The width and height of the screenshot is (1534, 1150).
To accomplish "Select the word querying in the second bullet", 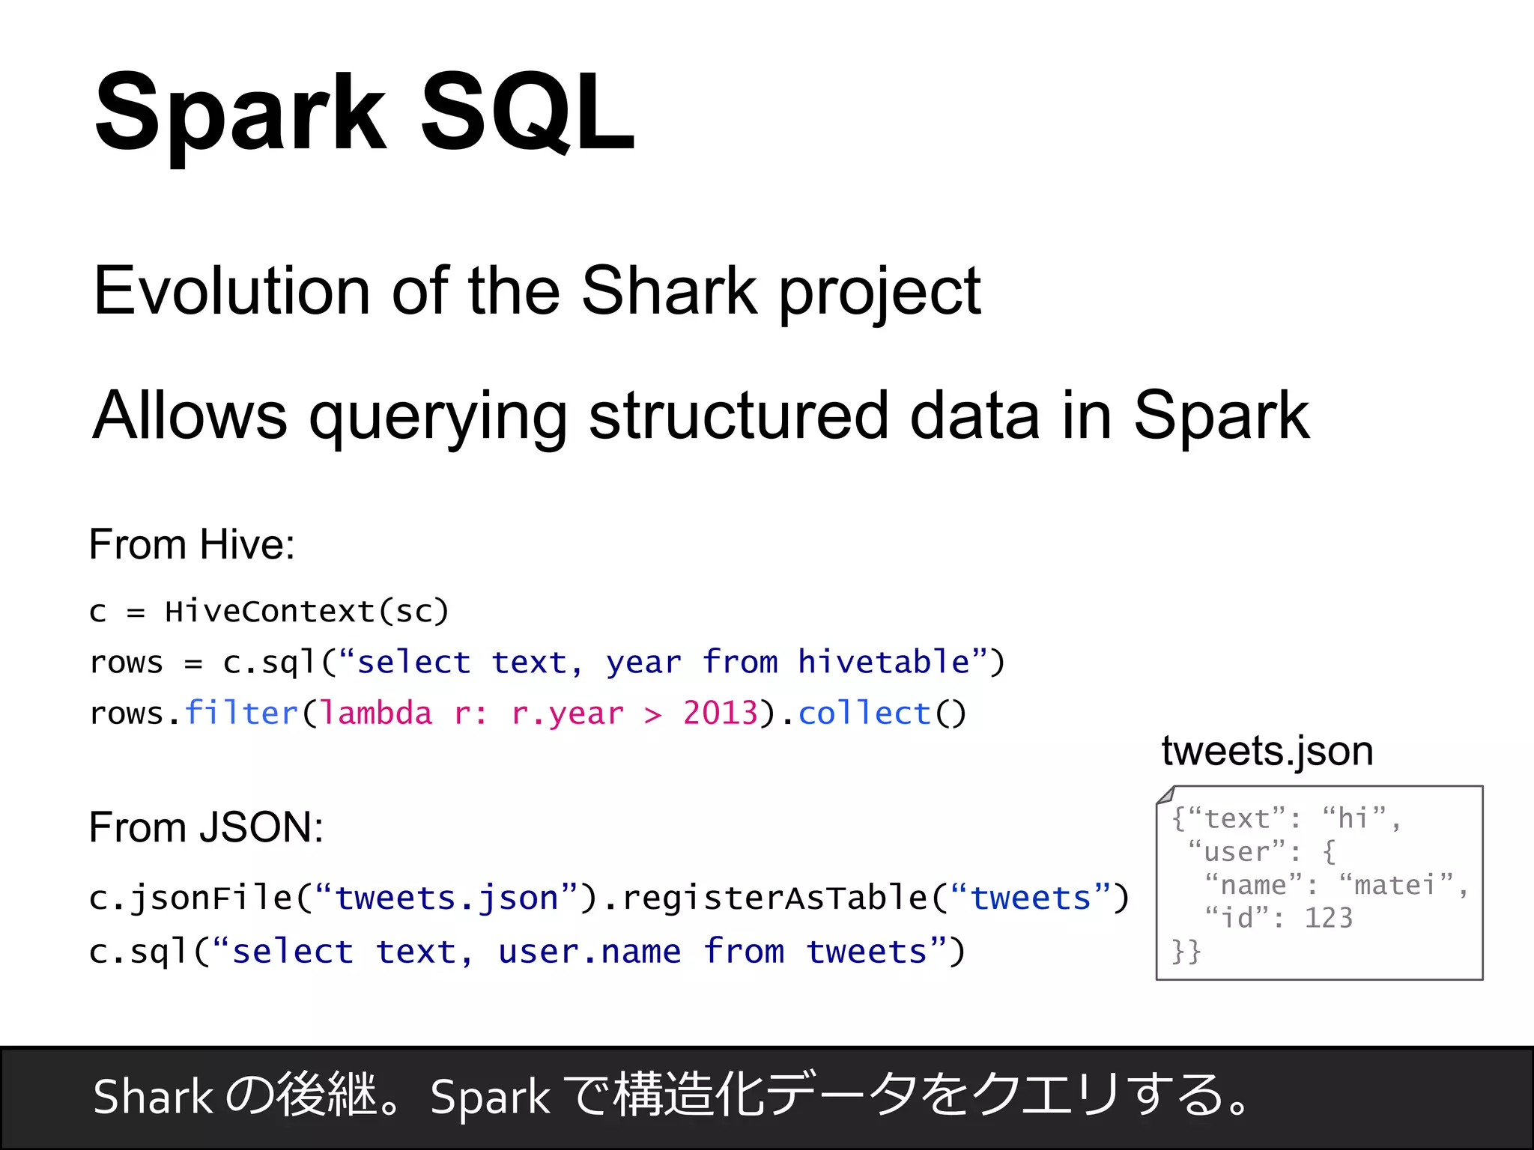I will click(x=437, y=416).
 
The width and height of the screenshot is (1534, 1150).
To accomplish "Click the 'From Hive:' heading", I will click(x=192, y=544).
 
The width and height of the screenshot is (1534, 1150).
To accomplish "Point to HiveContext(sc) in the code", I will click(x=306, y=612).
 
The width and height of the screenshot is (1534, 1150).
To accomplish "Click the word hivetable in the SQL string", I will click(x=884, y=662).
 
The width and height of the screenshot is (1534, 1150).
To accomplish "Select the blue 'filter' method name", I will click(x=241, y=713).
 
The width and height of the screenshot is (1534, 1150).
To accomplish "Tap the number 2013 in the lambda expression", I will click(x=720, y=713).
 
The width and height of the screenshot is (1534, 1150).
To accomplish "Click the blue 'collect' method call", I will click(x=864, y=713).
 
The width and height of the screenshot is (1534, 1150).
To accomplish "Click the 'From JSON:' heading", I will click(x=206, y=827).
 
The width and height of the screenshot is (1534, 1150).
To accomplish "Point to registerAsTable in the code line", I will click(x=774, y=898).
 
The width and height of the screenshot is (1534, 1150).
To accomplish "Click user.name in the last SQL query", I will click(x=589, y=952).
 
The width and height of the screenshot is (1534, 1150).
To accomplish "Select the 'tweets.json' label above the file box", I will click(x=1267, y=751).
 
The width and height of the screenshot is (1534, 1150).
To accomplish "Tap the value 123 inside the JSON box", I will click(x=1329, y=918).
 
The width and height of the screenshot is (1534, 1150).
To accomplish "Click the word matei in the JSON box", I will click(x=1394, y=885).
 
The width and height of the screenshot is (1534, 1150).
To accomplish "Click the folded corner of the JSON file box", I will click(x=1165, y=795).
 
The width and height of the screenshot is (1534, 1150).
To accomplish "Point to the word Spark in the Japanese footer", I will click(x=490, y=1098).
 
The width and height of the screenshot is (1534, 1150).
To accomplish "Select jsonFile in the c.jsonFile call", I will click(x=211, y=898).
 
